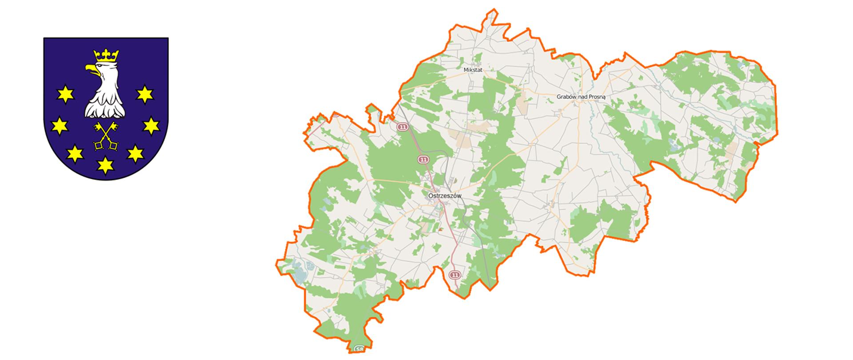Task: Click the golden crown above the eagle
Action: pos(106,56)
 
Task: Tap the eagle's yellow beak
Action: pos(91,69)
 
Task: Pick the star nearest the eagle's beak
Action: pos(65,94)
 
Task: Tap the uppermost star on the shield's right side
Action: pos(145,94)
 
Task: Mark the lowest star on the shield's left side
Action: pos(75,154)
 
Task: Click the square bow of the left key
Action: pos(98,145)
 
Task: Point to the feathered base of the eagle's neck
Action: pos(105,109)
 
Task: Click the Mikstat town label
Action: pos(473,70)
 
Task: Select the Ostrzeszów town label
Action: pos(445,196)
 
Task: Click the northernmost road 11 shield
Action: pos(403,127)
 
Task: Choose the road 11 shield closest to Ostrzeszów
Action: pos(423,159)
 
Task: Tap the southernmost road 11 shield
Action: pos(454,275)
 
